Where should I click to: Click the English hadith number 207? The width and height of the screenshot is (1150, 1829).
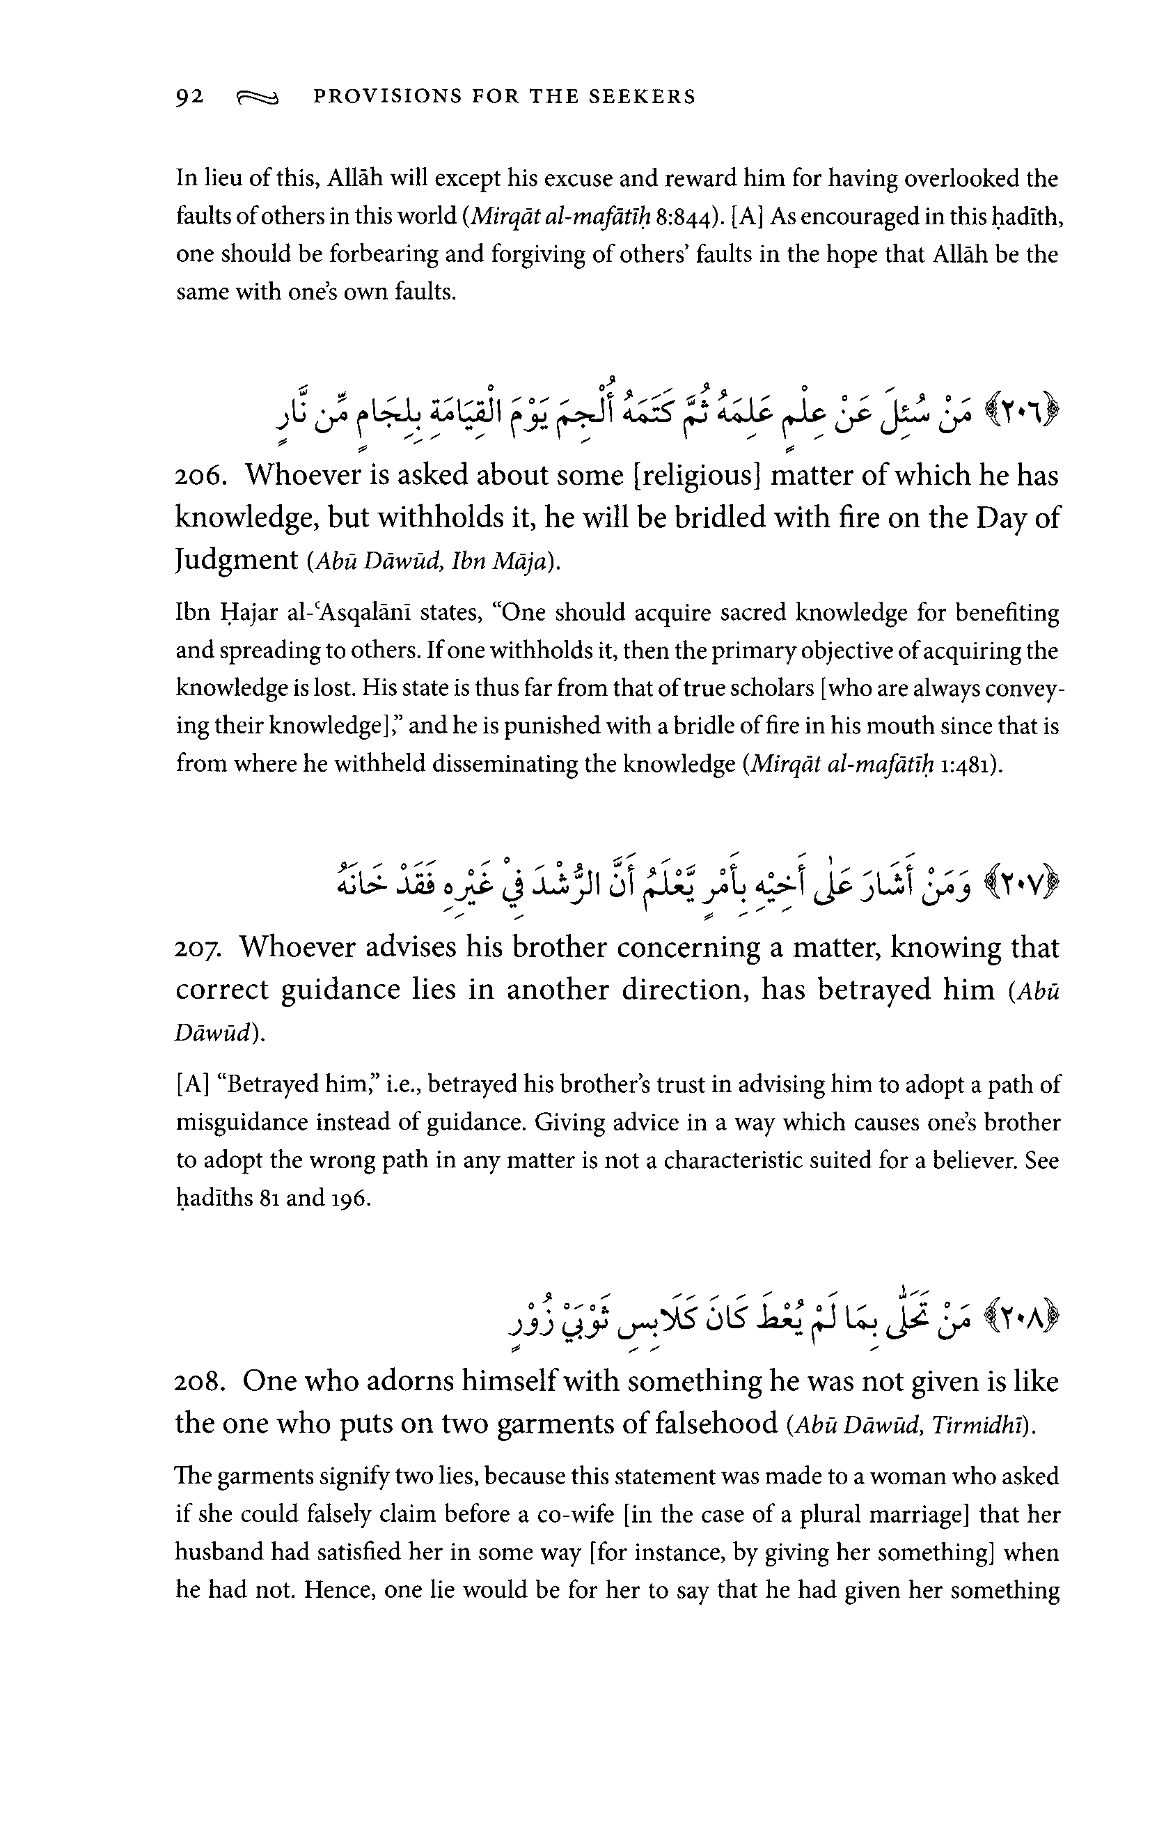click(198, 948)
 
